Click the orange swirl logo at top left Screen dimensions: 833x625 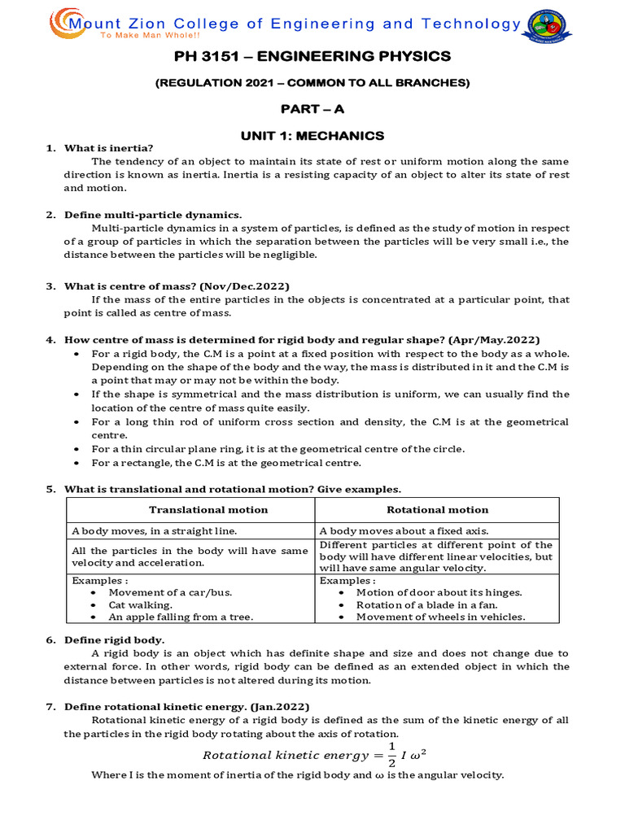coord(64,24)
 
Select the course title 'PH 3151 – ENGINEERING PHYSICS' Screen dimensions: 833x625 coord(312,56)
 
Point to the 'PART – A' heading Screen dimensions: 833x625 coord(312,109)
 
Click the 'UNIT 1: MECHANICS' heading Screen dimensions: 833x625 coord(312,135)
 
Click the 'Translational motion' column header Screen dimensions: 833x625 coord(208,510)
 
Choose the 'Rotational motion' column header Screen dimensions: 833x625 coord(437,510)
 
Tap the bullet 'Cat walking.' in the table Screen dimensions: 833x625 coord(142,605)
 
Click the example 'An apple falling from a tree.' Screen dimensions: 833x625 coord(182,617)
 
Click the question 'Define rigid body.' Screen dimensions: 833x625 coord(115,640)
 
